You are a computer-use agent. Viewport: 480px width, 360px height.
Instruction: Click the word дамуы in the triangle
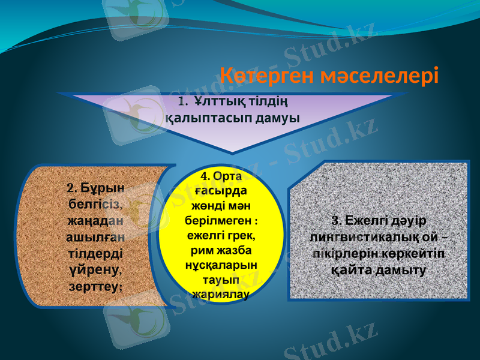278,116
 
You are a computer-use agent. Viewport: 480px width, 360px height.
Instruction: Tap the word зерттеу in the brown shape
94,286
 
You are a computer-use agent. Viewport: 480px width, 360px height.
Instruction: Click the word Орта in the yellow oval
229,176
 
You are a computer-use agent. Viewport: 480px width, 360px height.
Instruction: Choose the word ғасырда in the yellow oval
221,191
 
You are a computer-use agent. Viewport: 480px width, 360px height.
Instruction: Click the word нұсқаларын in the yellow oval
221,265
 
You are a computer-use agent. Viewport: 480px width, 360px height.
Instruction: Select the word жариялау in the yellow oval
221,294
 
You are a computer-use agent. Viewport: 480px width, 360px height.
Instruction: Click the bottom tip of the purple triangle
232,151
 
